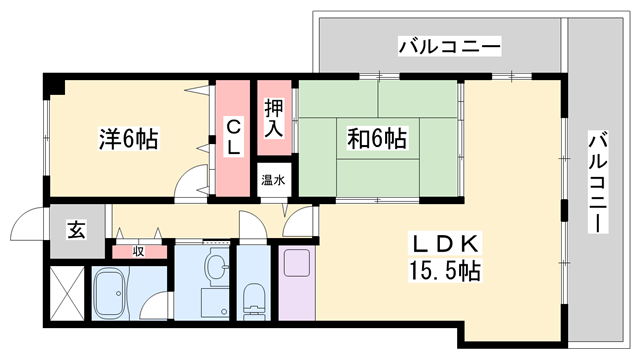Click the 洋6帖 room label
[x=129, y=139]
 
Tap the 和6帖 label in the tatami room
[x=377, y=138]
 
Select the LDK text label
[x=446, y=244]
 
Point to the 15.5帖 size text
[x=444, y=270]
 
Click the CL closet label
[x=233, y=136]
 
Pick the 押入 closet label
[x=273, y=119]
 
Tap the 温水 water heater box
[x=273, y=180]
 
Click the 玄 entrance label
[x=77, y=230]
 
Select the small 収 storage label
[x=139, y=251]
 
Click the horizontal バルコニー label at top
[x=449, y=47]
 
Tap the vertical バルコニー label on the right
[x=598, y=182]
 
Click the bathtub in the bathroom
[x=110, y=293]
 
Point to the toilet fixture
[x=254, y=301]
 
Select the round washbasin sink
[x=216, y=266]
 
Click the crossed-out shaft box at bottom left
[x=67, y=293]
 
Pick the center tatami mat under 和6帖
[x=378, y=138]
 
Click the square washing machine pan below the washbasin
[x=215, y=302]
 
